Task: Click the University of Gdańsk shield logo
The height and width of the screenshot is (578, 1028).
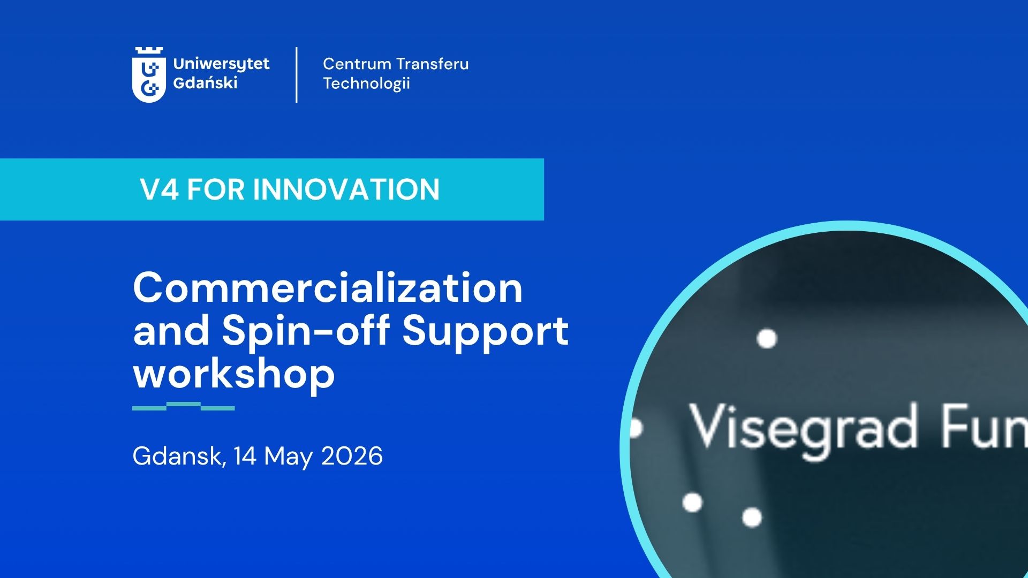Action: tap(148, 74)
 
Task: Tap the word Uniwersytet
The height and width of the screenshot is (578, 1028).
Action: tap(222, 65)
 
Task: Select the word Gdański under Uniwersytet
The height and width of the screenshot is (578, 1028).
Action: tap(205, 83)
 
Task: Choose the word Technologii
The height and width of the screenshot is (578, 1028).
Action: tap(366, 83)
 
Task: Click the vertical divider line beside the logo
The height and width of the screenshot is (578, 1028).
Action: tap(297, 75)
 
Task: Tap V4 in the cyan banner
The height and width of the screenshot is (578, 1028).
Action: tap(159, 189)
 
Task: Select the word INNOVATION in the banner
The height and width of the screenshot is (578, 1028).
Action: tap(346, 189)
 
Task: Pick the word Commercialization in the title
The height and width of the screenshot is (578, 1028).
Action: tap(328, 288)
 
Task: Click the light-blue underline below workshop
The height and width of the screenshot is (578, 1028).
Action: tap(184, 406)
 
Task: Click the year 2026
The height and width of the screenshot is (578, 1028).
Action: tap(352, 456)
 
